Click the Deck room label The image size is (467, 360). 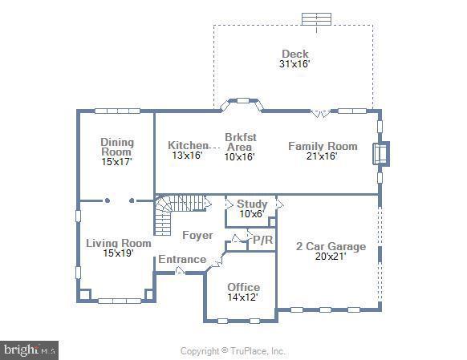[x=294, y=54]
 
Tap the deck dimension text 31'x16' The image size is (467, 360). [x=294, y=63]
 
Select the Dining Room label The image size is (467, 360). [x=117, y=147]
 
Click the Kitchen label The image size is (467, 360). [x=188, y=145]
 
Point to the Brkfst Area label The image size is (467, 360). [x=239, y=142]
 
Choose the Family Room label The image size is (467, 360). [x=323, y=146]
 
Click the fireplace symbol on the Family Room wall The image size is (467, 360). [x=380, y=153]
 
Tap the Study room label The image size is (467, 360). [x=252, y=204]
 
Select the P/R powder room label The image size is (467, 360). [x=263, y=240]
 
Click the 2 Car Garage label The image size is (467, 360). [x=331, y=246]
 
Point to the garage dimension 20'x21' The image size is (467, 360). [x=331, y=257]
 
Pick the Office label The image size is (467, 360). [x=243, y=287]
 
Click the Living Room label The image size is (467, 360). [x=119, y=243]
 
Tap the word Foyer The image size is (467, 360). [x=197, y=235]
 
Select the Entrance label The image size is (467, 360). [x=181, y=260]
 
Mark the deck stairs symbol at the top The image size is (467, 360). [x=317, y=18]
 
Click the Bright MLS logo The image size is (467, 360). [x=30, y=350]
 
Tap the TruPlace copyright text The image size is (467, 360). [x=233, y=351]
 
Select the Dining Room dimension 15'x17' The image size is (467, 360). [x=117, y=161]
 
